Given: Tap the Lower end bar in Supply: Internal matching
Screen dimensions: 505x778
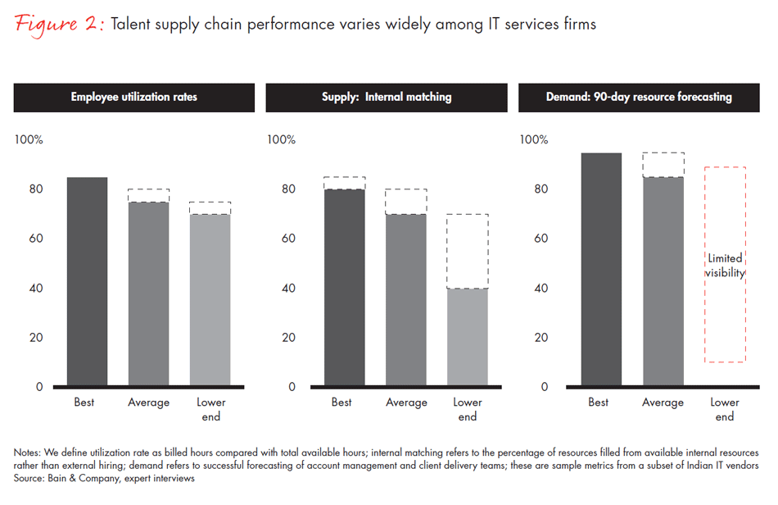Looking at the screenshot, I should (x=468, y=337).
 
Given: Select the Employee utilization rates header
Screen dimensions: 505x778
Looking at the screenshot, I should (x=133, y=97).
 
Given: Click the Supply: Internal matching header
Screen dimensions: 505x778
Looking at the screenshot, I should (x=387, y=97).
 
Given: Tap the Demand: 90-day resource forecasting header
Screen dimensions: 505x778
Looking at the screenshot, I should (x=639, y=97).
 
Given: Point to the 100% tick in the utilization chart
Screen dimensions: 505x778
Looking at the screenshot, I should (x=29, y=139).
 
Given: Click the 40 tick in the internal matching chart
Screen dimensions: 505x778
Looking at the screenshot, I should (x=289, y=288).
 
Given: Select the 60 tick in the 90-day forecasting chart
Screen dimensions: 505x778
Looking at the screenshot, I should (x=542, y=239).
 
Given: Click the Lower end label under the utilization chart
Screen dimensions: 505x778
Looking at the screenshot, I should (x=210, y=409).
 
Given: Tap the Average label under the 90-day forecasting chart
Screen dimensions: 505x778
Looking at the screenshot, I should (x=663, y=403).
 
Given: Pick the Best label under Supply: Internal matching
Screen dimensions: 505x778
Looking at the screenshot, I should (x=342, y=403).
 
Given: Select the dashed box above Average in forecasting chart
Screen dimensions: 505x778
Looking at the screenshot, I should (x=663, y=165).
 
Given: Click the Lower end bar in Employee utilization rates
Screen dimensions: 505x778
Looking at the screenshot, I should (x=210, y=299).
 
